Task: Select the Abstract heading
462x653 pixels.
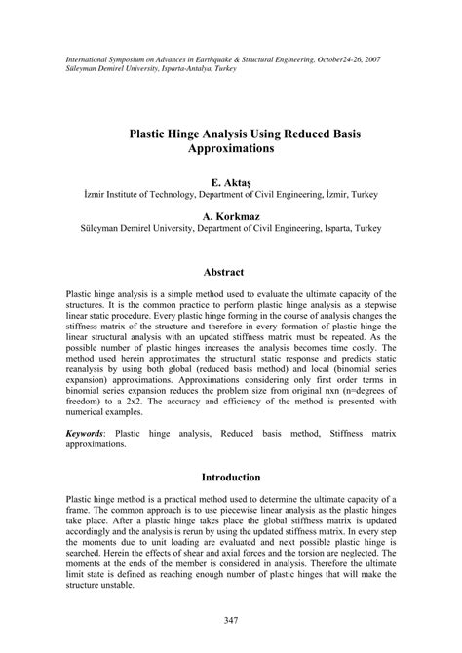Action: point(230,272)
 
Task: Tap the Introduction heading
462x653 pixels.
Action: point(230,479)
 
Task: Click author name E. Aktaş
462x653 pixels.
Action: point(230,181)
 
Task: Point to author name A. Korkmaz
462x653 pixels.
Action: point(230,214)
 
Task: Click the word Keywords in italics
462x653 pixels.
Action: point(87,431)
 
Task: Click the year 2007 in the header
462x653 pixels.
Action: point(367,59)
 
